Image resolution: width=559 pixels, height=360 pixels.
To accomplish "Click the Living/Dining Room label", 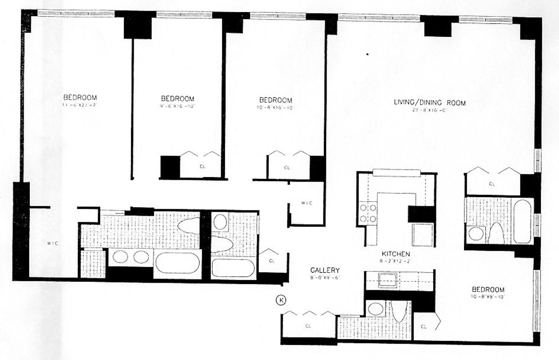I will (429, 103).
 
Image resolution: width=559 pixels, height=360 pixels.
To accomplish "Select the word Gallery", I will (326, 270).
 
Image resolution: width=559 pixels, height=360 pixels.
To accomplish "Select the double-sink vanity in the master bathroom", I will (130, 257).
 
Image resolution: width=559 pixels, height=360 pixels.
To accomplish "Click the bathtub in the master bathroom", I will (177, 263).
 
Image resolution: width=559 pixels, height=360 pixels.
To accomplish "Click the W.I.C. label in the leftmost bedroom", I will (52, 243).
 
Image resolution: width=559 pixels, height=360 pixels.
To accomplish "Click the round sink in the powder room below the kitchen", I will (375, 308).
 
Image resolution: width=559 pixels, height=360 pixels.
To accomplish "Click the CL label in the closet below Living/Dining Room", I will (491, 184).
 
